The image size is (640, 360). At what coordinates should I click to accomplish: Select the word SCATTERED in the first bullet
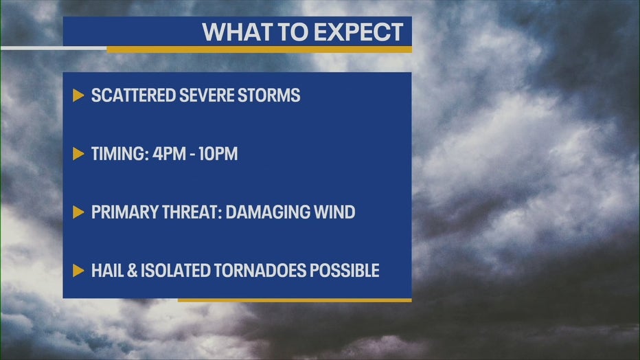(x=133, y=95)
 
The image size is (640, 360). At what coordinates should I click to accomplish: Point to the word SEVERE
(x=206, y=95)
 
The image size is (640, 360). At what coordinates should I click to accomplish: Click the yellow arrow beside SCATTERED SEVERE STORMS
(x=78, y=95)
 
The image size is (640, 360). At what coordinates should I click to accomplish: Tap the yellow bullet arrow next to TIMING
(x=78, y=154)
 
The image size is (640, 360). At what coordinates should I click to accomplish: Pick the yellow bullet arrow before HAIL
(x=78, y=271)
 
